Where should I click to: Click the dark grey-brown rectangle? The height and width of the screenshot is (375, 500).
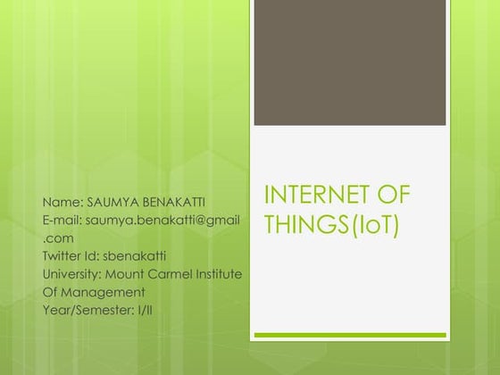349,63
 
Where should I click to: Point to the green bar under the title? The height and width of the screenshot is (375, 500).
349,336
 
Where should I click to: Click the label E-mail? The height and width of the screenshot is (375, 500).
63,220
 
